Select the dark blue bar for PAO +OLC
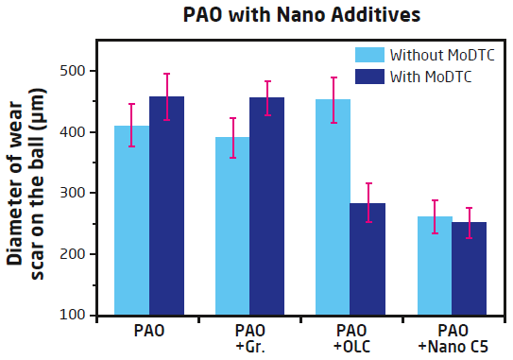368,265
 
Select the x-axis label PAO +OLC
351,337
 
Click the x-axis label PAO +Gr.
249,337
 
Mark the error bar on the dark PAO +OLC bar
368,202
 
